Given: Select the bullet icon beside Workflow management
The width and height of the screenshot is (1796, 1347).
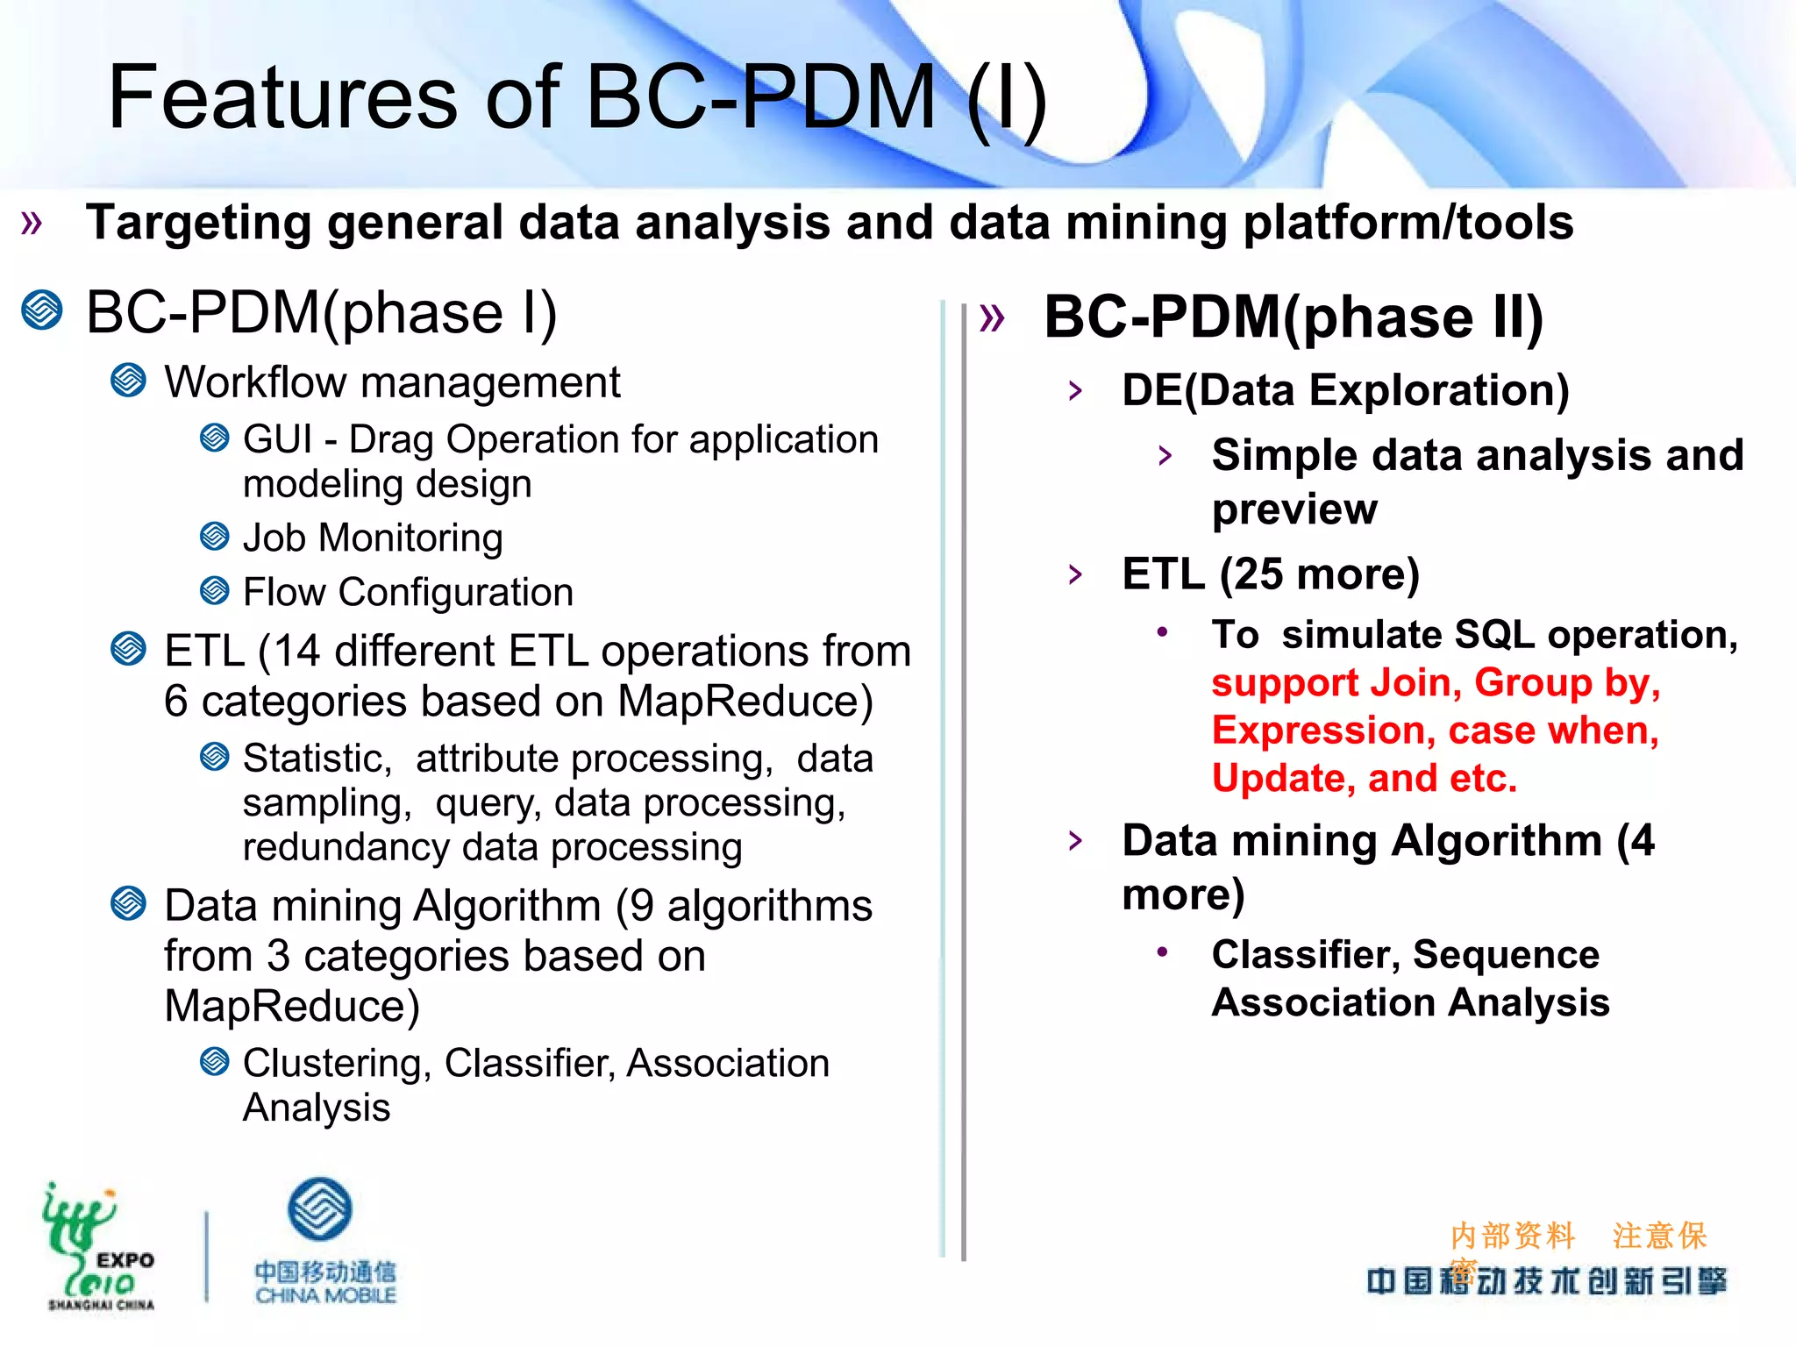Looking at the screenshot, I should (129, 381).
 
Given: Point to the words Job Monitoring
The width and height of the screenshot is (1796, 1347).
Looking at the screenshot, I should (373, 538).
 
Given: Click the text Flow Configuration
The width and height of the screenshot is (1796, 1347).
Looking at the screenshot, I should (408, 592).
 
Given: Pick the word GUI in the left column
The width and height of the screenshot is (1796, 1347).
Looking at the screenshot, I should (277, 439).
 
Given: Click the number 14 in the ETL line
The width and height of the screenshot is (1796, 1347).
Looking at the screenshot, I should (297, 652).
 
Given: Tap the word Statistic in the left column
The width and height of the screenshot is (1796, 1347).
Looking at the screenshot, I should (317, 759).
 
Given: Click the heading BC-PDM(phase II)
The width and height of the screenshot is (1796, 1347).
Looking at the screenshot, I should (1294, 317).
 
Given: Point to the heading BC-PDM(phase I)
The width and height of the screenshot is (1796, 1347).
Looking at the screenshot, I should (322, 313).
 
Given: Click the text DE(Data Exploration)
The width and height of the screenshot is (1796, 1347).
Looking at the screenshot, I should (1345, 390).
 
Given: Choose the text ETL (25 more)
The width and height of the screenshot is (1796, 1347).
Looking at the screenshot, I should (1271, 574).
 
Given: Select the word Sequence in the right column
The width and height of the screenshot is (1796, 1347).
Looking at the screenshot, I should (1506, 954).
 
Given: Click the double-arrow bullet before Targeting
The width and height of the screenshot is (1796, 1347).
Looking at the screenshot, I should (32, 223).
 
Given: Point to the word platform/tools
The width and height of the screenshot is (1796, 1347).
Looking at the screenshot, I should (1408, 223).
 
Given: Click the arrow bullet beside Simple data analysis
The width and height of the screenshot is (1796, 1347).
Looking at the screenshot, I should (1165, 455).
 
